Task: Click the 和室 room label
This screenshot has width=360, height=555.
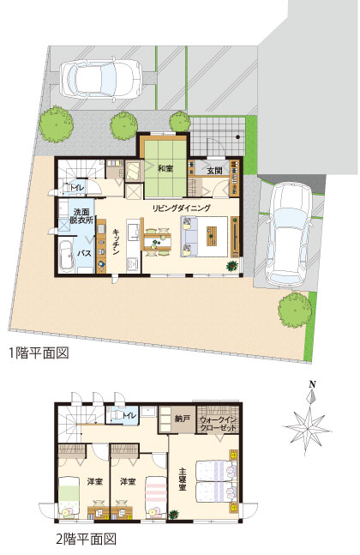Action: [x=165, y=169]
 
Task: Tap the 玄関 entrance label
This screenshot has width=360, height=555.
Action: [x=214, y=171]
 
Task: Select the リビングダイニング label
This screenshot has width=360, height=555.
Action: [x=182, y=208]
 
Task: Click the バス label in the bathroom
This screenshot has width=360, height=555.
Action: [x=85, y=253]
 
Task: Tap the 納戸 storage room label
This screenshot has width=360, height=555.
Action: [x=183, y=419]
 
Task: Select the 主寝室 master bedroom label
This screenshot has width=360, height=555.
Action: [x=183, y=480]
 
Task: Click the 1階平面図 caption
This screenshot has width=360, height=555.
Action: [x=39, y=353]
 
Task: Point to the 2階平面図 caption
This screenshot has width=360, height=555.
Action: [x=86, y=539]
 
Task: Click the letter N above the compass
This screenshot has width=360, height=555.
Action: [x=312, y=384]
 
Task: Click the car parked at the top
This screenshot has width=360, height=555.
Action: [x=101, y=79]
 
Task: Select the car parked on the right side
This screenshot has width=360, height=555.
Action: [x=289, y=233]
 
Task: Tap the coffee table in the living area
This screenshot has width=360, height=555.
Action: [x=213, y=236]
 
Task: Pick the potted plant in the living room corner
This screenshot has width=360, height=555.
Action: [x=232, y=265]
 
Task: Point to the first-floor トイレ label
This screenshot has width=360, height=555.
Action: [x=77, y=188]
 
